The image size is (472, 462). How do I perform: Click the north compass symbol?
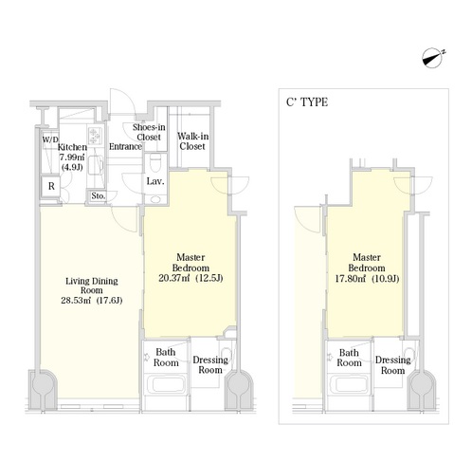[432, 58]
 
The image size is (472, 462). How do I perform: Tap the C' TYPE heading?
[307, 102]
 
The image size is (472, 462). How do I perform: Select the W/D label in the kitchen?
[50, 139]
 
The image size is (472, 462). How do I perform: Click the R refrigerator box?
[51, 186]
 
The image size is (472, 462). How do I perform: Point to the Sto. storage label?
[98, 196]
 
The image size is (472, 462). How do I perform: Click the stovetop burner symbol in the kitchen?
[95, 136]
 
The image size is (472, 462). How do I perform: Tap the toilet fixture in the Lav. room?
[155, 162]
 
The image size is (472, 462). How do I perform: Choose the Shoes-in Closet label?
[149, 132]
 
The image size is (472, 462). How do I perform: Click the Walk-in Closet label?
[192, 141]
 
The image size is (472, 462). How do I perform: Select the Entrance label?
[125, 146]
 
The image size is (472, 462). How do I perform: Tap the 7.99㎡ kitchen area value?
[72, 157]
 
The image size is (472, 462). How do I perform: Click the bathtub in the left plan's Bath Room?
[165, 384]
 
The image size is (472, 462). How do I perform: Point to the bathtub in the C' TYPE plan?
[348, 384]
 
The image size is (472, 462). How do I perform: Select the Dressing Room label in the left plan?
[210, 365]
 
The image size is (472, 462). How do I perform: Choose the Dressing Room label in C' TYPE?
[392, 365]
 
